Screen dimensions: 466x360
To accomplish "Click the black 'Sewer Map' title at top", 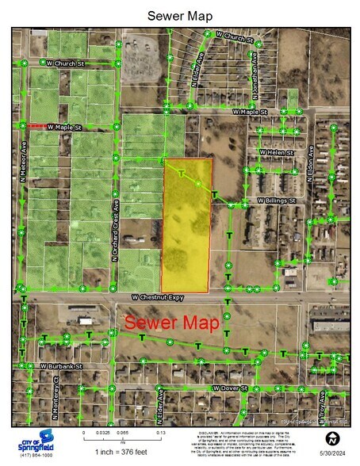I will pos(179,15).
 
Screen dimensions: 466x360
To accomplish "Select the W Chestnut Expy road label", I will pos(164,296).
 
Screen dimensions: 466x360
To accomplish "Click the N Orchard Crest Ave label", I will pos(113,230).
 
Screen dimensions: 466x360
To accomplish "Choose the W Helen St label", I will pos(275,152).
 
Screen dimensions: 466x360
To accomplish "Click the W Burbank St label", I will pos(61,367).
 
